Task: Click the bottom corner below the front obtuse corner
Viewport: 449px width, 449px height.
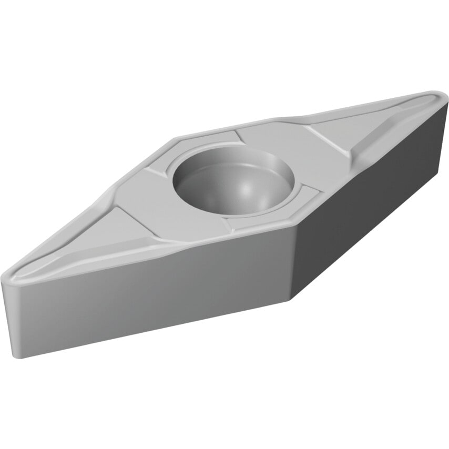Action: click(291, 300)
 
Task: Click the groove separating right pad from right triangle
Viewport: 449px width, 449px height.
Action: click(326, 139)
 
